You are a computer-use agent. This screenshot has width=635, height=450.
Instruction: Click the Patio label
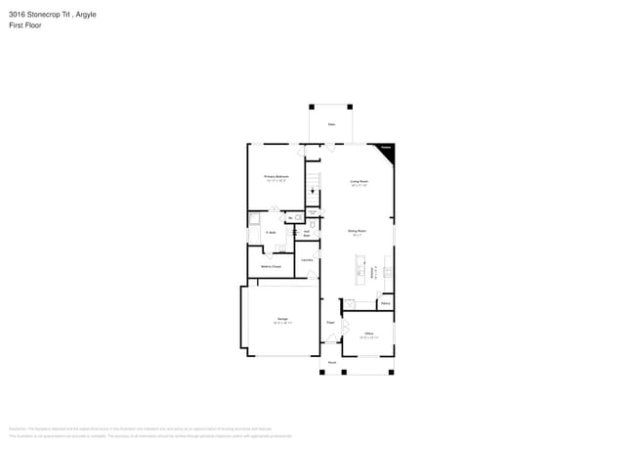pyautogui.click(x=331, y=125)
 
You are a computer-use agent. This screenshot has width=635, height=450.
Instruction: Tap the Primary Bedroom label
pyautogui.click(x=275, y=177)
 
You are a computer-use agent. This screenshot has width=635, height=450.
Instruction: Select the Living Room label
pyautogui.click(x=359, y=181)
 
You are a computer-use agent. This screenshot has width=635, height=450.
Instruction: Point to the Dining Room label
pyautogui.click(x=357, y=231)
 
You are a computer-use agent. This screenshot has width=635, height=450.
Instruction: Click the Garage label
pyautogui.click(x=281, y=320)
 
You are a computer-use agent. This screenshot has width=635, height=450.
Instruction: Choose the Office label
pyautogui.click(x=369, y=334)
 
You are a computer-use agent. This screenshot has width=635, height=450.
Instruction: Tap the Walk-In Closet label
pyautogui.click(x=271, y=266)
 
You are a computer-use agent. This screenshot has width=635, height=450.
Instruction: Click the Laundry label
pyautogui.click(x=306, y=260)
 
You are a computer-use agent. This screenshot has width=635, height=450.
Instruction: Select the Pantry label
pyautogui.click(x=386, y=303)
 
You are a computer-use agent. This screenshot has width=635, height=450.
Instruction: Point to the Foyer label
pyautogui.click(x=331, y=322)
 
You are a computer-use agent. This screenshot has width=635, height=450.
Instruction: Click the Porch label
pyautogui.click(x=332, y=363)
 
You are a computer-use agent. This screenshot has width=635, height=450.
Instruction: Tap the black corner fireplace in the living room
pyautogui.click(x=388, y=149)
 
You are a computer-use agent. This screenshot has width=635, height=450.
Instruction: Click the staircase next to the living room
pyautogui.click(x=313, y=182)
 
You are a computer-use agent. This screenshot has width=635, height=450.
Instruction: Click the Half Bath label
pyautogui.click(x=307, y=234)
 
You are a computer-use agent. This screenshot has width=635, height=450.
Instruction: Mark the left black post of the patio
pyautogui.click(x=312, y=107)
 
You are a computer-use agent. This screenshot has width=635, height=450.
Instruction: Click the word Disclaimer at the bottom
pyautogui.click(x=17, y=428)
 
